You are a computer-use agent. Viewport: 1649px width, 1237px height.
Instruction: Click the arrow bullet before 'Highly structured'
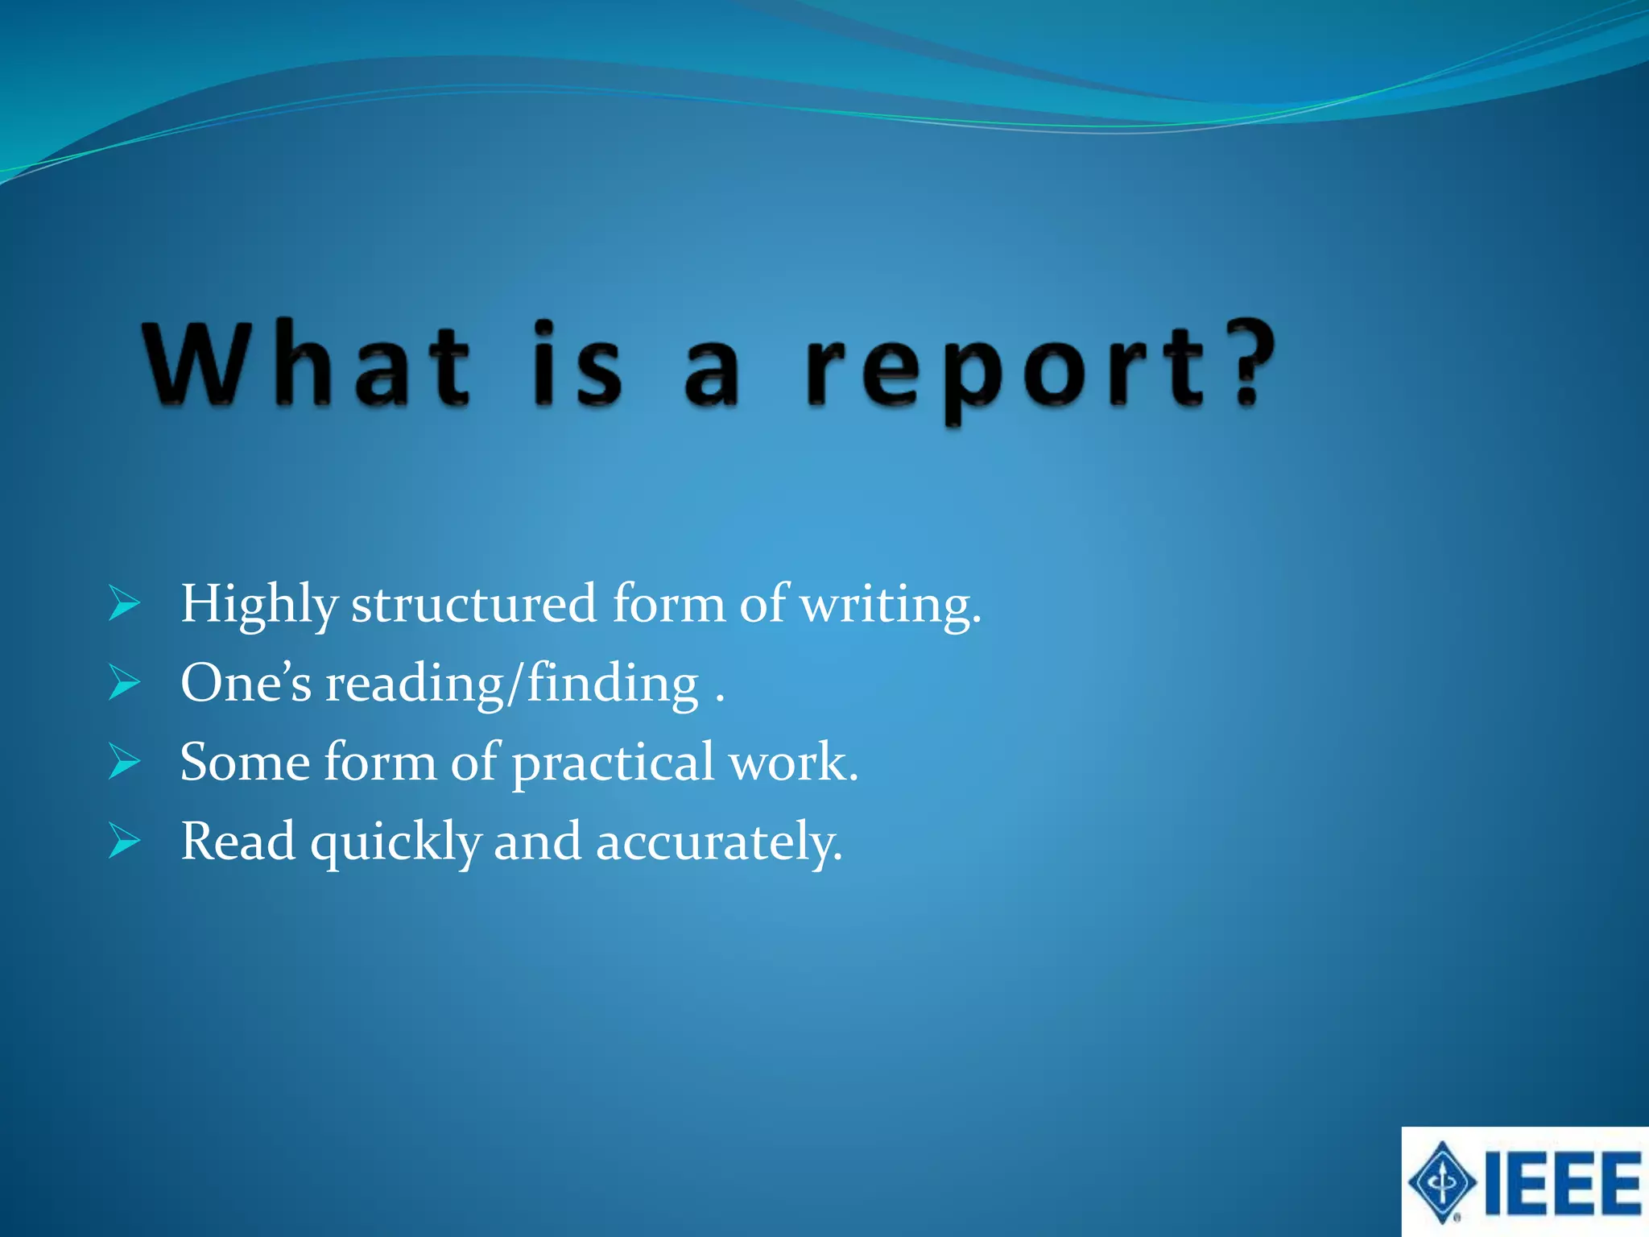pyautogui.click(x=125, y=604)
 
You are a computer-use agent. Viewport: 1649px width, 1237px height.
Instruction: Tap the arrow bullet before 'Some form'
pyautogui.click(x=125, y=762)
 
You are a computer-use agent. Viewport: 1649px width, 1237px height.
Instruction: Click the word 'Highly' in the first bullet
pyautogui.click(x=258, y=606)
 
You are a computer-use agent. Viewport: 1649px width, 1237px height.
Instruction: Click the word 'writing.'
pyautogui.click(x=891, y=606)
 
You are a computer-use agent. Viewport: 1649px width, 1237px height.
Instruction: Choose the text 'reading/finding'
pyautogui.click(x=512, y=685)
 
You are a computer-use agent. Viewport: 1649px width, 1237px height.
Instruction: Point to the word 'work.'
pyautogui.click(x=793, y=762)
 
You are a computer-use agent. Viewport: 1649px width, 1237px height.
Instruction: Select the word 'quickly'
pyautogui.click(x=396, y=842)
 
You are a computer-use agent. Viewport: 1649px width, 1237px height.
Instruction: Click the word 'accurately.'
pyautogui.click(x=719, y=842)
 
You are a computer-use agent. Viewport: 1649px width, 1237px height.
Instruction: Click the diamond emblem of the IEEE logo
pyautogui.click(x=1442, y=1182)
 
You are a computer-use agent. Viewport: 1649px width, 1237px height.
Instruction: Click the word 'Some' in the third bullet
pyautogui.click(x=245, y=762)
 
